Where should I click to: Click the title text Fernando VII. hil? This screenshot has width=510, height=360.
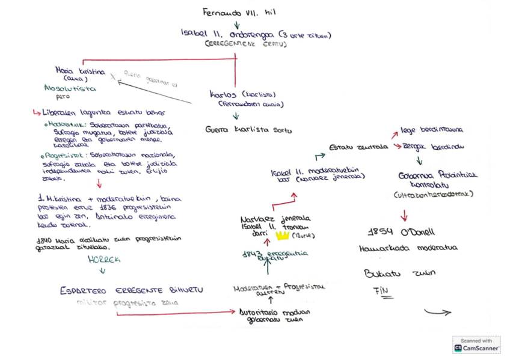[239, 11]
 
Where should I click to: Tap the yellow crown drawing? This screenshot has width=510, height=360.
[282, 235]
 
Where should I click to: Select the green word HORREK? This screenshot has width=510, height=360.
[104, 260]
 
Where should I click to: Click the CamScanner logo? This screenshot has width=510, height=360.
[476, 344]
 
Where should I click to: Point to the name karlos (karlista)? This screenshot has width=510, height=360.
[243, 94]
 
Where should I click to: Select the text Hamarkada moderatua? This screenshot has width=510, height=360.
[408, 248]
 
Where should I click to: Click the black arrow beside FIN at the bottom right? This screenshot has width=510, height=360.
[437, 312]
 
